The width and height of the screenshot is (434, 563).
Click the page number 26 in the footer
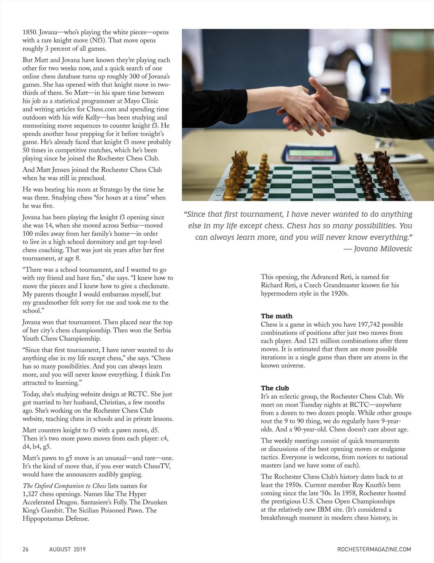click(x=26, y=549)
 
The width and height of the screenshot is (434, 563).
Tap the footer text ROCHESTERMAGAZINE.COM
click(x=374, y=549)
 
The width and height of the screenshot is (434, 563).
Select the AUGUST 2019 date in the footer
click(x=67, y=549)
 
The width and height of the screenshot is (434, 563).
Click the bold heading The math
click(x=277, y=316)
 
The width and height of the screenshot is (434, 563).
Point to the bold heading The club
click(x=275, y=388)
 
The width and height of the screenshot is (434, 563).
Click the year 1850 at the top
click(x=29, y=32)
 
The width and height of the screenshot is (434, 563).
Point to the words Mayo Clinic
click(x=140, y=101)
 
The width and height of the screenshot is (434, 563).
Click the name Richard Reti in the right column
click(x=277, y=285)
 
